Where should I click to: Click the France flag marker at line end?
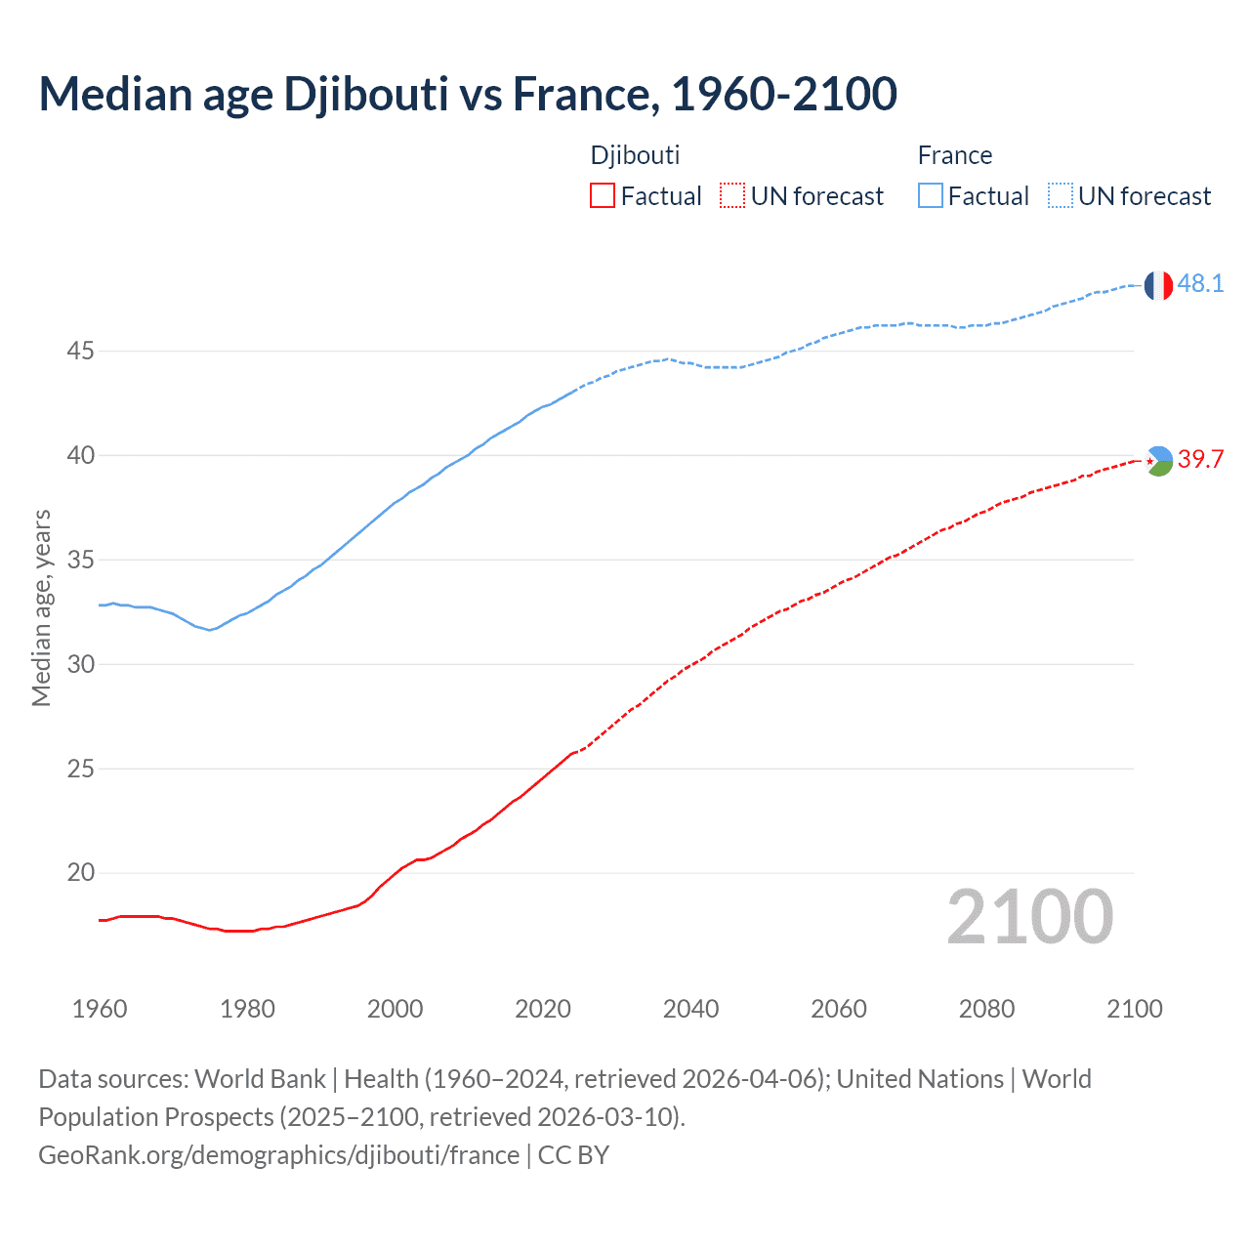point(1158,285)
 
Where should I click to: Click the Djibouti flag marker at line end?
point(1158,460)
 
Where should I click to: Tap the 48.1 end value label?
point(1200,284)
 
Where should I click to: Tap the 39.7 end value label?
point(1200,460)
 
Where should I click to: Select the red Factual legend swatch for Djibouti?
point(603,196)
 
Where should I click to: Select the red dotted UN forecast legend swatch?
point(732,196)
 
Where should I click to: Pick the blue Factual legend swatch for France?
point(930,196)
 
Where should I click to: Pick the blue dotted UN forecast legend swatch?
point(1060,196)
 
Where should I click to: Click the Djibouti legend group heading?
point(635,155)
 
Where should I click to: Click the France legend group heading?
point(954,155)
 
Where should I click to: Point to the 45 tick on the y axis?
point(80,351)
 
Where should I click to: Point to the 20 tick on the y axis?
point(80,873)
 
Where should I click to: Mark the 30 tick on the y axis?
point(80,664)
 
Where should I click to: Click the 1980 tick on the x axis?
point(247,1009)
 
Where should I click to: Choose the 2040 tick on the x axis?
point(690,1009)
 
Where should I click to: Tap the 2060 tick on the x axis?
point(839,1009)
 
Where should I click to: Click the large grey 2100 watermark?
point(1030,916)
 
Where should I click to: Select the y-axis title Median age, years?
point(41,607)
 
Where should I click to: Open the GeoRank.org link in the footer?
point(278,1155)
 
